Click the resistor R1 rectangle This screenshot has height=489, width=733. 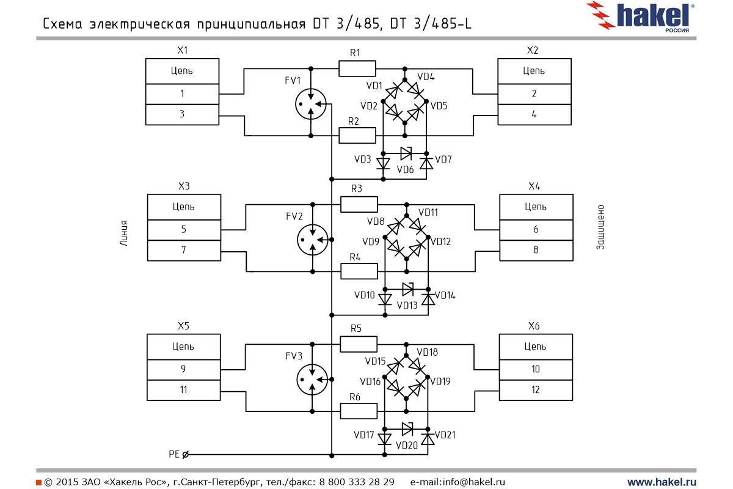click(357, 68)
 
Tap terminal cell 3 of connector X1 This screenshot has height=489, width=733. click(182, 114)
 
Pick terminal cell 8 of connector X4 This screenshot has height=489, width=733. click(536, 250)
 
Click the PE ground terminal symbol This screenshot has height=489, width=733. click(186, 454)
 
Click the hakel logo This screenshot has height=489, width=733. click(641, 17)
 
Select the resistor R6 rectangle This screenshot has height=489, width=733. click(358, 411)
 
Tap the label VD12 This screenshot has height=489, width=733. click(440, 242)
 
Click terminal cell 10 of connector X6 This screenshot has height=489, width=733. click(535, 369)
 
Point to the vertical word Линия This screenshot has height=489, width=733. click(124, 232)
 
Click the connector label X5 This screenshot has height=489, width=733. click(183, 326)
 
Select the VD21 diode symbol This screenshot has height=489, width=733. click(428, 439)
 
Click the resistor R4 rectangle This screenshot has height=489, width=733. click(359, 271)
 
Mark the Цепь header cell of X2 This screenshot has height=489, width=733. click(534, 71)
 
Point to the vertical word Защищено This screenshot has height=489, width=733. click(600, 227)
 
